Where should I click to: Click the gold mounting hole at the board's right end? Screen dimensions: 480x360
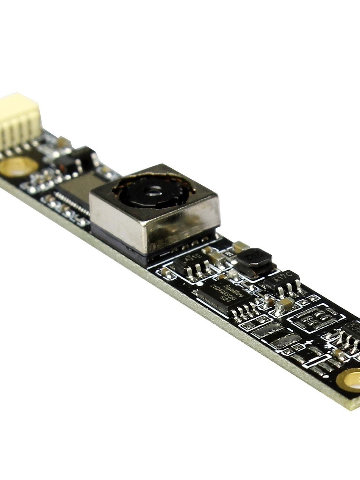pos(350,381)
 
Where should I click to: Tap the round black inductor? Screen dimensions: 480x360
pos(254,258)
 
